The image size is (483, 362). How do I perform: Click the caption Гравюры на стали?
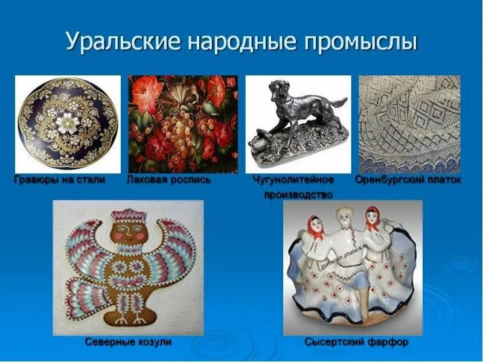point(60,180)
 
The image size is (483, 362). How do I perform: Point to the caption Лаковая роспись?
point(168,180)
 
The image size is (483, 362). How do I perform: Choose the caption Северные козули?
point(128,342)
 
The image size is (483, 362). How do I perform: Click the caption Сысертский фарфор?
point(356,342)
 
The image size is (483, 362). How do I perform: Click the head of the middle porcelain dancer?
point(344,218)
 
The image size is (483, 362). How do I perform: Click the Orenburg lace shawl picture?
point(409,124)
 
